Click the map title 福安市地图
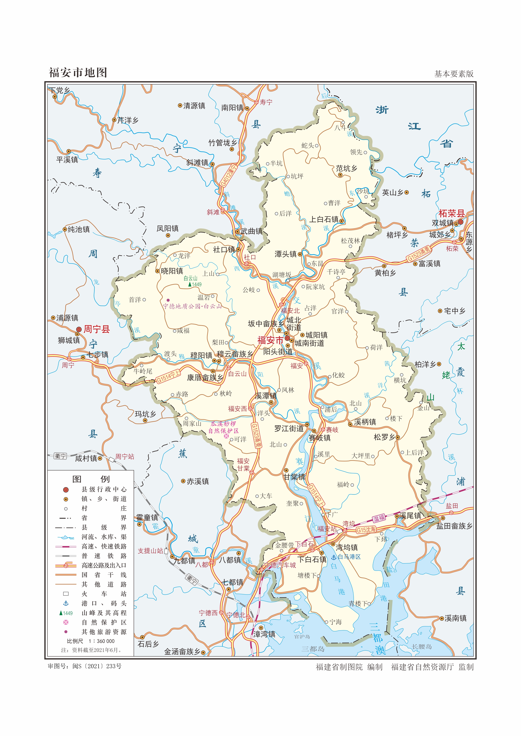78,73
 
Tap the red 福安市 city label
270,340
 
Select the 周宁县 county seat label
96,329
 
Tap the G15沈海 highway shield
366,530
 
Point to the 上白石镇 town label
324,219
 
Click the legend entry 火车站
104,594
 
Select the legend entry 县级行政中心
104,489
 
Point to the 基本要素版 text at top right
454,74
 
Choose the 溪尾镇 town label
410,516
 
